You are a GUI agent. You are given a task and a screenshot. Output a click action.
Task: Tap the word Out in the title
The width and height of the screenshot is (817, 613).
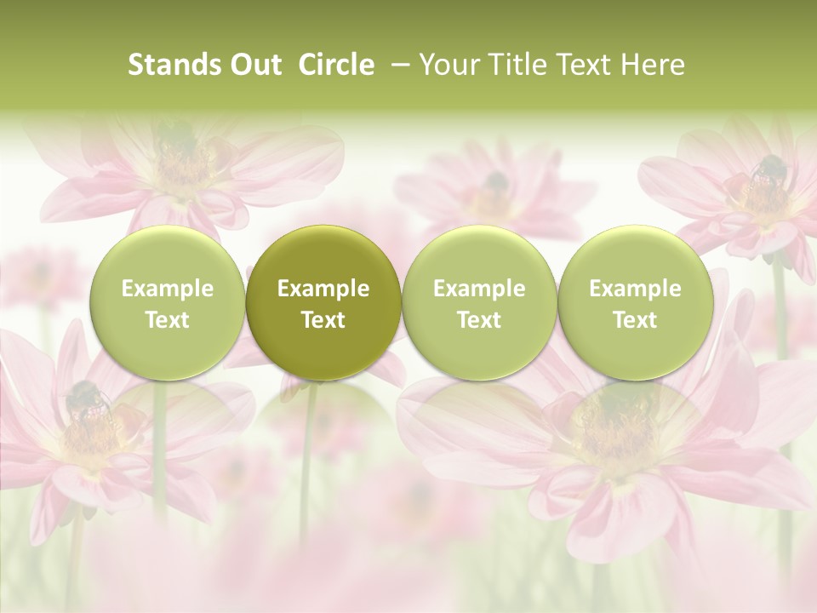coord(256,65)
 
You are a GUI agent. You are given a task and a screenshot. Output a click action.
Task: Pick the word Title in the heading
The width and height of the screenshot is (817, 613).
coord(515,65)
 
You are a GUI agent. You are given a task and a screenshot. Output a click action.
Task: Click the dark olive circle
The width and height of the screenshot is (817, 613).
coord(323,302)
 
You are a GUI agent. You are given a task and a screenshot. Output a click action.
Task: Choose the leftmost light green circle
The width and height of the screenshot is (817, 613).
coord(167,302)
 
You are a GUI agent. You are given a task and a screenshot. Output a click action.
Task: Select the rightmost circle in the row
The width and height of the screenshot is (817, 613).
coord(635,302)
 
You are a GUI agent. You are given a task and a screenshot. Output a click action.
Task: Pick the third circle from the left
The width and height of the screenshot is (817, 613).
coord(479,302)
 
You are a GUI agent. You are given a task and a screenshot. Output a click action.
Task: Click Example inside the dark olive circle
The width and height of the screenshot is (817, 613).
coord(323,289)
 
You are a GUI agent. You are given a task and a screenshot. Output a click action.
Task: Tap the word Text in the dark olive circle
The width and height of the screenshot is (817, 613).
coord(323,320)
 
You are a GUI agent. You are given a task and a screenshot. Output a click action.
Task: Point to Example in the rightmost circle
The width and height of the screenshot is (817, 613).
coord(635,289)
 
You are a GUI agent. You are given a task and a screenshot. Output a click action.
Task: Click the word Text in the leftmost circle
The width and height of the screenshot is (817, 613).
coord(167,320)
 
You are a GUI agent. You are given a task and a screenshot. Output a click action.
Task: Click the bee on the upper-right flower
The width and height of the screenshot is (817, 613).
coord(768,170)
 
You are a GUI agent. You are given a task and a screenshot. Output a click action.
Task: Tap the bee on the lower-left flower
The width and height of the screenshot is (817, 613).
coord(83,398)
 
